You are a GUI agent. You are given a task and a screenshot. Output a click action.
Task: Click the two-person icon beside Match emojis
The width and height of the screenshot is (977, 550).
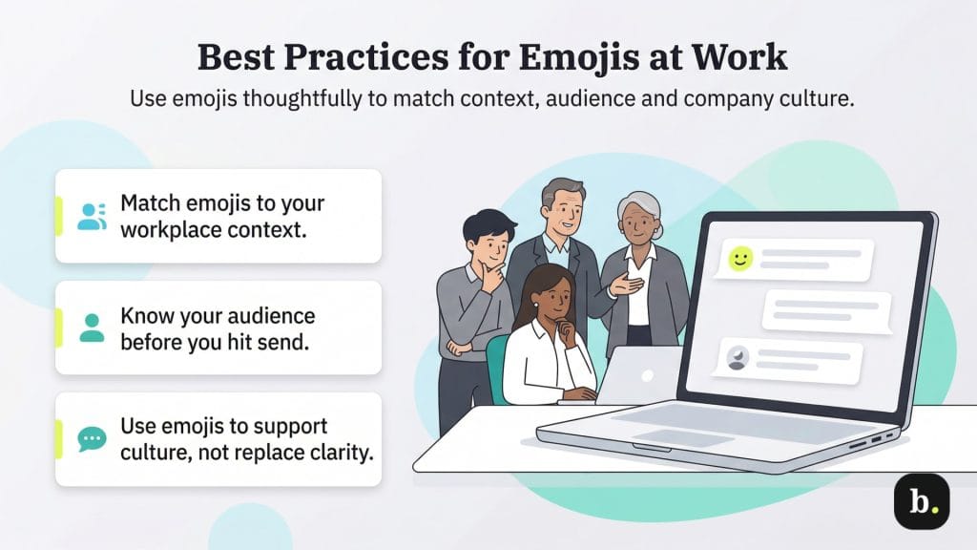(x=92, y=217)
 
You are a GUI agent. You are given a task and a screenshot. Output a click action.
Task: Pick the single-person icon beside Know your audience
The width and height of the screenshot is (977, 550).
(x=92, y=328)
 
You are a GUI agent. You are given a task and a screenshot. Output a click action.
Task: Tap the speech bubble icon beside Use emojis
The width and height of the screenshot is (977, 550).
(x=92, y=439)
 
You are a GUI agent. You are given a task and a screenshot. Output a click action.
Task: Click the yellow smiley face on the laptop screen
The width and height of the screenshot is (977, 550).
(x=740, y=258)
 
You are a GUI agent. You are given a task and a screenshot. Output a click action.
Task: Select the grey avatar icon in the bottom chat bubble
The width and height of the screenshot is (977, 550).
(x=738, y=358)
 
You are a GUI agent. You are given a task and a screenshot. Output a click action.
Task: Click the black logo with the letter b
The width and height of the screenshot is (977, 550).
(x=921, y=501)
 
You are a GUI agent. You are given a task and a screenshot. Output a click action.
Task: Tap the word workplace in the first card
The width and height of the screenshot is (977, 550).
(x=168, y=230)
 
